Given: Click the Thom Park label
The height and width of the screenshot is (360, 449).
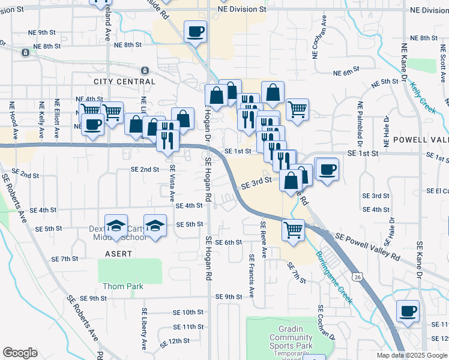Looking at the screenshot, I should tap(122, 286).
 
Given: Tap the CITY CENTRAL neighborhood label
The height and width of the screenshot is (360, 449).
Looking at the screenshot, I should tap(124, 82).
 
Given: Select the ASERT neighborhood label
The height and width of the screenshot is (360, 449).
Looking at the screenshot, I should tap(118, 254).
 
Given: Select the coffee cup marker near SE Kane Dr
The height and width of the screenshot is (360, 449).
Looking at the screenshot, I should tap(408, 311).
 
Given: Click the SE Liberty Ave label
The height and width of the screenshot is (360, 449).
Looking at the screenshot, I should tap(145, 329).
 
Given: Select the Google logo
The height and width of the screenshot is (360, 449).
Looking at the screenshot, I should tap(20, 353).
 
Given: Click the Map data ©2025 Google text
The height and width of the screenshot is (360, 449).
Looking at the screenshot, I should tap(412, 355).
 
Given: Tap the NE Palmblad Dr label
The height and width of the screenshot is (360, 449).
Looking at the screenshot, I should tap(361, 124).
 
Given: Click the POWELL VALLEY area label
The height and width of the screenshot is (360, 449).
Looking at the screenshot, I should tap(420, 139).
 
